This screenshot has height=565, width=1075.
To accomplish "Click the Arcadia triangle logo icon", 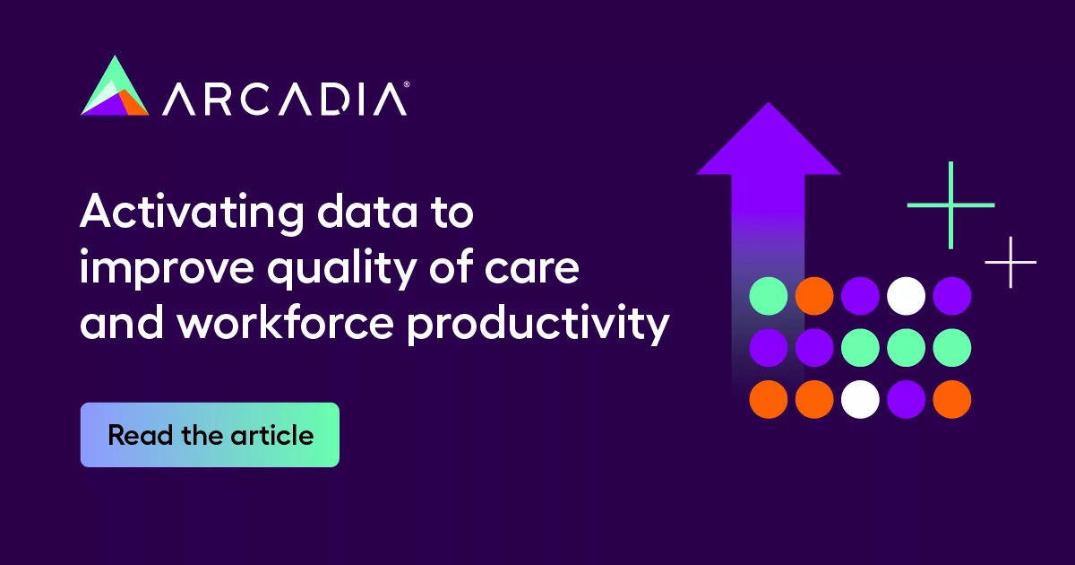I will coord(115,87).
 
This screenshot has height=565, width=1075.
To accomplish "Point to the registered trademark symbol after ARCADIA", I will coord(408,84).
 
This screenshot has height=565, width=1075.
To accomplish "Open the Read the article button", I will coord(210,435).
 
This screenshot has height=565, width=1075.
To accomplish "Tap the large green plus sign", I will coord(950,205).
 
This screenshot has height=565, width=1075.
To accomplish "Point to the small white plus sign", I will coord(1010,262).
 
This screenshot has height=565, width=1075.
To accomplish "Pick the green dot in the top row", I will coord(768,296).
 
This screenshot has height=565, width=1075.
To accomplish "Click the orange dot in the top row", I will coord(814,296).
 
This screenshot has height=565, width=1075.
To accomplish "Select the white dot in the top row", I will coord(906,296).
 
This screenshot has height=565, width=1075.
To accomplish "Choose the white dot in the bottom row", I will coord(860,399).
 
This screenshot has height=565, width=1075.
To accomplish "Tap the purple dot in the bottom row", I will coord(906,399).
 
